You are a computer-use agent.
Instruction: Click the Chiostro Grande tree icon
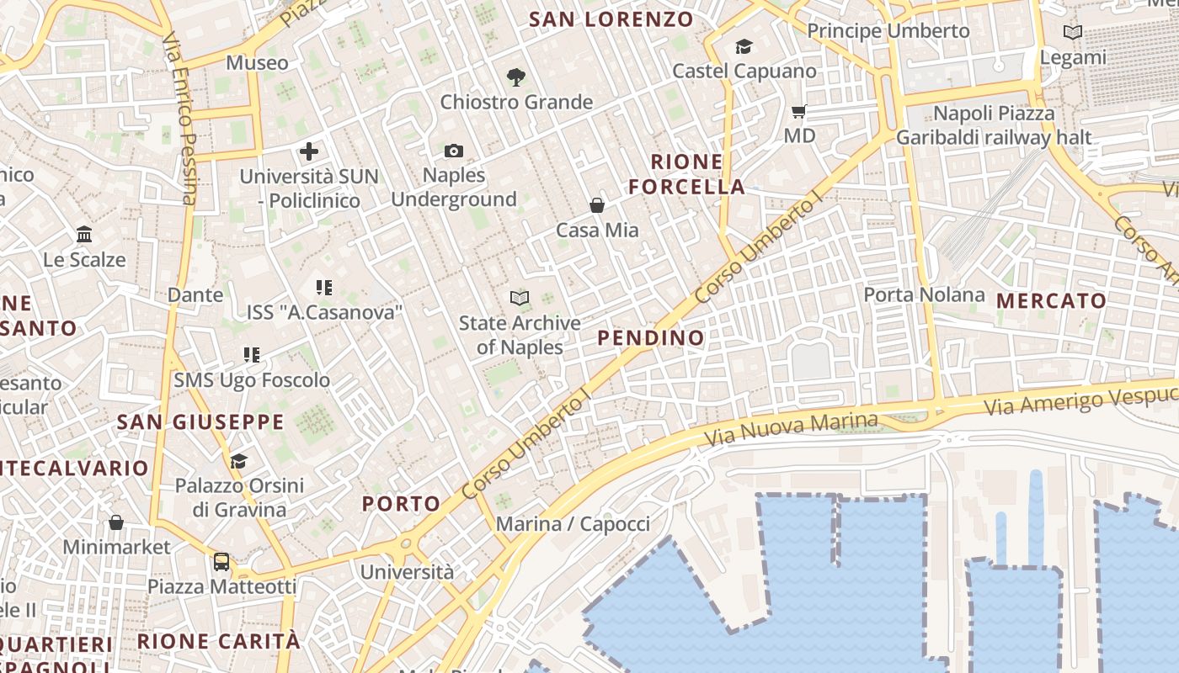click(516, 77)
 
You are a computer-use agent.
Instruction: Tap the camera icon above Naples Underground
click(454, 151)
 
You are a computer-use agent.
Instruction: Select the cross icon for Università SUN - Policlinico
click(309, 151)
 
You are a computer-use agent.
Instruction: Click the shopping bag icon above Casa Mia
click(596, 204)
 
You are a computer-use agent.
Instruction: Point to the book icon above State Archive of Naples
click(520, 298)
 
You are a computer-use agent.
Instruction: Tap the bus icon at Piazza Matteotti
click(221, 561)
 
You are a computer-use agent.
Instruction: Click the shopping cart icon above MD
click(799, 111)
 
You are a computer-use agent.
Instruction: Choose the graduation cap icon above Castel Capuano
click(744, 46)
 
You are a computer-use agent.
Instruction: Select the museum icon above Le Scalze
click(84, 234)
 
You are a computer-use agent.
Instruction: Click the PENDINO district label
click(650, 338)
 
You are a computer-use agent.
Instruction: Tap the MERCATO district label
click(1051, 300)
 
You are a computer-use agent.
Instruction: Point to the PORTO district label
click(401, 504)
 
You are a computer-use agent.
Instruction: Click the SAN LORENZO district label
click(611, 19)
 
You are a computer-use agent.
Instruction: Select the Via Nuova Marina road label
click(792, 428)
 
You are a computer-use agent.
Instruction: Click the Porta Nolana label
click(924, 294)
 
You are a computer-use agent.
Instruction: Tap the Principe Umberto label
click(888, 31)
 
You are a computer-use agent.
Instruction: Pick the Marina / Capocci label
click(573, 524)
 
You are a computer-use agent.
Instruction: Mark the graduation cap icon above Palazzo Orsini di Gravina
click(239, 460)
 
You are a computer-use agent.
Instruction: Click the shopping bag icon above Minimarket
click(116, 522)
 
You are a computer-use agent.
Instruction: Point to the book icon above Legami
click(1072, 33)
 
